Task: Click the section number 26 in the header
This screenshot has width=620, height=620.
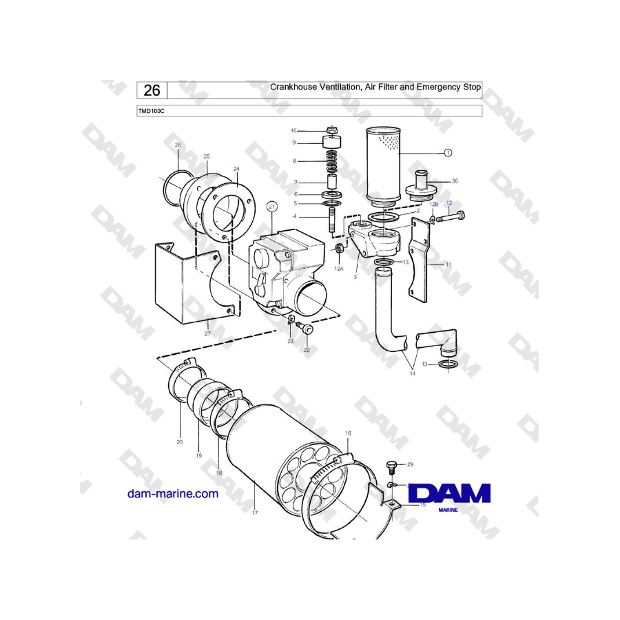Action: (153, 90)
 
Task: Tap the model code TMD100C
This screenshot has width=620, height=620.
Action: (151, 112)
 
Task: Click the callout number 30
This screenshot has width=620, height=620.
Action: (454, 180)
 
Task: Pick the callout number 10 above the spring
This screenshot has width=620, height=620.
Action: (293, 130)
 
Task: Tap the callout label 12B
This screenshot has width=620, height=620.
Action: (434, 205)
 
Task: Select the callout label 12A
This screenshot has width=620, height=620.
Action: (338, 269)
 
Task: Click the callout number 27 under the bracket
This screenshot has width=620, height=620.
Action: (207, 333)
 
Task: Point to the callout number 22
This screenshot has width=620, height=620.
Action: (307, 350)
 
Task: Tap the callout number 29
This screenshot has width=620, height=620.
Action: (410, 465)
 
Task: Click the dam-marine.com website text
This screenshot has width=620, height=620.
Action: (173, 493)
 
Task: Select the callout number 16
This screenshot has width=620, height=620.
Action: (348, 433)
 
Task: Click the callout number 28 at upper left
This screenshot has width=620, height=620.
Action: (177, 145)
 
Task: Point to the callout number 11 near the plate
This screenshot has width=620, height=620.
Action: (448, 264)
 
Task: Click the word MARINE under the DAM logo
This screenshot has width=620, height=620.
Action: (450, 511)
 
